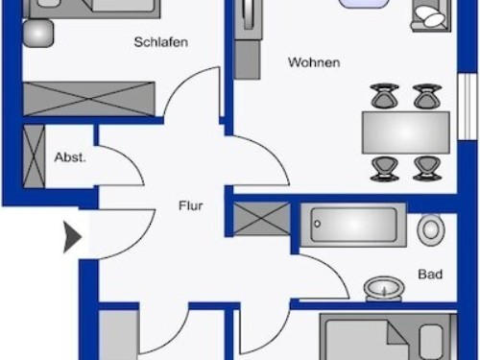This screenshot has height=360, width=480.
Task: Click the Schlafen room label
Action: [161, 42]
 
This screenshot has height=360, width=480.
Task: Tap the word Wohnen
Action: [314, 62]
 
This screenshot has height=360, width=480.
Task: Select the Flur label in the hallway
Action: [191, 205]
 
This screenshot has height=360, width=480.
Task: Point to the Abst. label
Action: [70, 157]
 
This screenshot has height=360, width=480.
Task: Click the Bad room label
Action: [430, 275]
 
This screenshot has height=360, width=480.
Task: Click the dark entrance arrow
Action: [73, 237]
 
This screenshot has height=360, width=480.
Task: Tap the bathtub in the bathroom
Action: [353, 225]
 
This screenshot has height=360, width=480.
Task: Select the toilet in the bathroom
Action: [431, 230]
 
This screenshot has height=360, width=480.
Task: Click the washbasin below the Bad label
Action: [384, 289]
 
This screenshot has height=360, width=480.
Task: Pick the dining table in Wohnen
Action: [406, 132]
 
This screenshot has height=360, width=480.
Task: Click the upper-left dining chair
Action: [384, 95]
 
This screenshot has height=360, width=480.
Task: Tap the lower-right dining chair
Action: [427, 168]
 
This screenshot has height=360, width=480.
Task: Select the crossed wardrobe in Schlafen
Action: [89, 99]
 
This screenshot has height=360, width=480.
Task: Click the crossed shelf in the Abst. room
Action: [34, 156]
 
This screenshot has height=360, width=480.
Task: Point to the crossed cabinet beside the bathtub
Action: [262, 219]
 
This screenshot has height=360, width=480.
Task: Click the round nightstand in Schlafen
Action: [38, 34]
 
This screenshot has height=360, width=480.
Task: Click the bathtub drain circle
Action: [317, 224]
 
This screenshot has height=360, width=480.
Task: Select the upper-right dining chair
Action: [427, 95]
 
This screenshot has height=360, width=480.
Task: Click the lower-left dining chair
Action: [384, 168]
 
